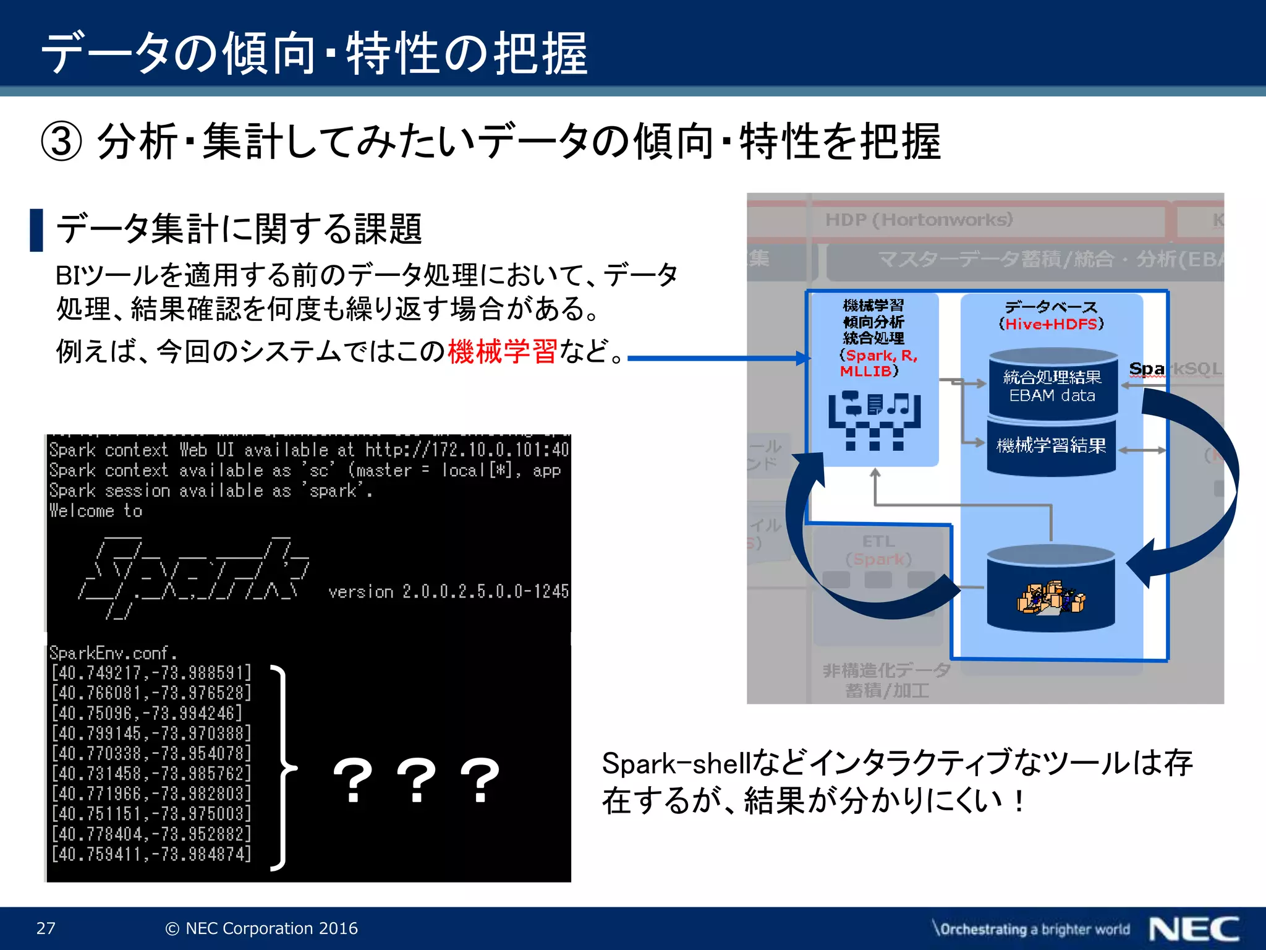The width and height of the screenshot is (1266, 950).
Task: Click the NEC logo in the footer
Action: coord(1194,929)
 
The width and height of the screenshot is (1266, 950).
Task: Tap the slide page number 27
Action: coord(46,928)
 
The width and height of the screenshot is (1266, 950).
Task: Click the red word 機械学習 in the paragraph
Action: coord(502,351)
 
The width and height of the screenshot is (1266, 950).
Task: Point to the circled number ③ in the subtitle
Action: coord(61,142)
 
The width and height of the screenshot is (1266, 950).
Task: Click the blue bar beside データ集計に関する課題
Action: coord(36,230)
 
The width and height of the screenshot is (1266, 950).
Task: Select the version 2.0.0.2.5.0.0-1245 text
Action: coord(448,592)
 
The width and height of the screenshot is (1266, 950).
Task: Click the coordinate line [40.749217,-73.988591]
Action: coord(151,672)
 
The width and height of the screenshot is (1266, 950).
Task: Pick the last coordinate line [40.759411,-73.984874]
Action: coord(151,854)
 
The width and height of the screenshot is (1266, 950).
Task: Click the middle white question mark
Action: coord(417,781)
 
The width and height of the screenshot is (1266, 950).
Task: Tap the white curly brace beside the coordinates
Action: coord(283,768)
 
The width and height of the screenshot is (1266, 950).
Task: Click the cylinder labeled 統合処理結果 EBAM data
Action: coord(1052,385)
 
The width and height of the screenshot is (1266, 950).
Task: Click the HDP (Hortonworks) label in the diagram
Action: coord(919,220)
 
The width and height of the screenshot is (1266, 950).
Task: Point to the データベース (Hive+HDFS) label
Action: coord(1051,315)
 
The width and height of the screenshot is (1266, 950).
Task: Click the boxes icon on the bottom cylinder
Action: coord(1051,598)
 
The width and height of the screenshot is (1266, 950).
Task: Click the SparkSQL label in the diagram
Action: coord(1175,369)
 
